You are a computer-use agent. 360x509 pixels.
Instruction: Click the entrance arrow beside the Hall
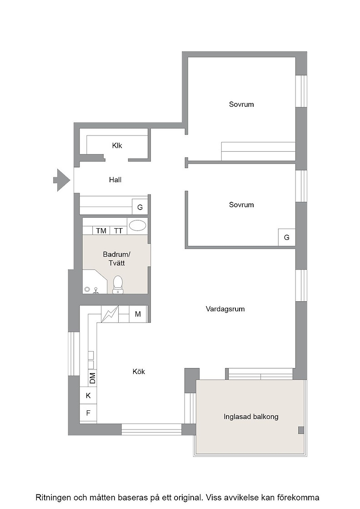[x=62, y=180]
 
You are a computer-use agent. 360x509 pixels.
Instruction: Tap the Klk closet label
[x=117, y=145]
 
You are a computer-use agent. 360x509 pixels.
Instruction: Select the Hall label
[x=115, y=180]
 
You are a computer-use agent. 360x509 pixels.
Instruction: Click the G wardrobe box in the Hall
[x=140, y=207]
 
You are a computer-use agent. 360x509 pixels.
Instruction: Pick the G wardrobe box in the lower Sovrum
[x=287, y=237]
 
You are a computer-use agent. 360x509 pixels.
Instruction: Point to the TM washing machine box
[x=101, y=230]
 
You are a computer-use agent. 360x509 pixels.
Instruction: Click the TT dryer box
[x=119, y=230]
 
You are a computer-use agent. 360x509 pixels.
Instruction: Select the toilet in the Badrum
[x=118, y=284]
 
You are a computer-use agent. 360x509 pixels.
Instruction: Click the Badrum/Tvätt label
[x=116, y=259]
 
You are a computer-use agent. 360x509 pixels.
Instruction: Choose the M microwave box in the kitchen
[x=138, y=314]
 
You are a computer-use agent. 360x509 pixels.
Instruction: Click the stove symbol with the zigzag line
[x=110, y=314]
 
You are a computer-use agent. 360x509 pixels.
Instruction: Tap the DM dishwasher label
[x=93, y=378]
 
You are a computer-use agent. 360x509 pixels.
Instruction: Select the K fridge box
[x=88, y=395]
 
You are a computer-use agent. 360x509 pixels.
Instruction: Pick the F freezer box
[x=88, y=413]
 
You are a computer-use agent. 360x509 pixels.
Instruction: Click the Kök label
[x=139, y=371]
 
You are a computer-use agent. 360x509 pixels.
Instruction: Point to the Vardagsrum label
[x=225, y=309]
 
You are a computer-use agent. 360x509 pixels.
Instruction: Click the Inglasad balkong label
[x=251, y=416]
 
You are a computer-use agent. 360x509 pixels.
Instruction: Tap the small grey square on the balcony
[x=301, y=430]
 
